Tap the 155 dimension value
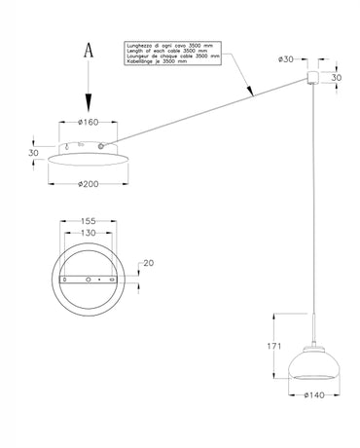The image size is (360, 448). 88,221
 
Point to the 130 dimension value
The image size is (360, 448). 88,233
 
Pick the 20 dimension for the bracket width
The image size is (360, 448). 149,263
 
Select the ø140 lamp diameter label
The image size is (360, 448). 313,395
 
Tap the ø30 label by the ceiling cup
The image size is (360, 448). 287,59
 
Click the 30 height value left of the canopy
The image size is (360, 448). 32,152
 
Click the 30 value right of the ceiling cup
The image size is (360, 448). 337,78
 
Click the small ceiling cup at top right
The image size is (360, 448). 315,78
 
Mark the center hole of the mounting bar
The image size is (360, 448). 89,279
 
